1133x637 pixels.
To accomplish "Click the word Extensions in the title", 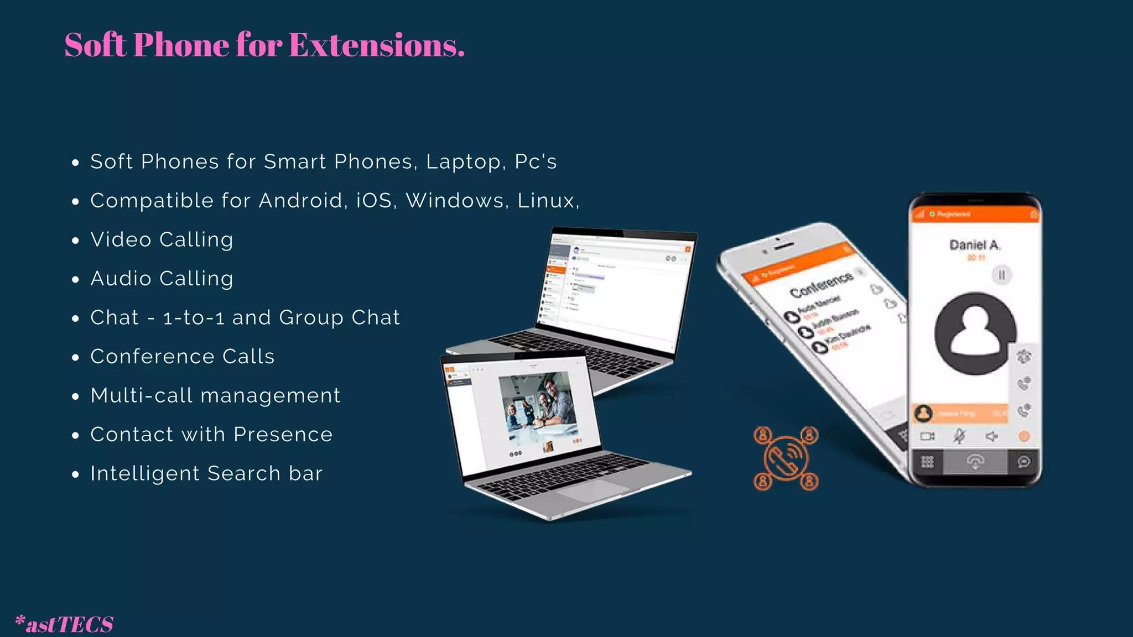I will [x=376, y=45].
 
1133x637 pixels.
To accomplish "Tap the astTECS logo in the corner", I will [x=65, y=624].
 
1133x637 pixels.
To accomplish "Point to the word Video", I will [x=121, y=240].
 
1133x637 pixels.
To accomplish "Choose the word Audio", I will [x=121, y=279].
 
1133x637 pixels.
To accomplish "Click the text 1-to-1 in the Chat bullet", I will [x=194, y=318].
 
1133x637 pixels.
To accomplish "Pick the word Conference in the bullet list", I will [x=152, y=357].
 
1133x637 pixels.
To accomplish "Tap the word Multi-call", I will [x=142, y=396].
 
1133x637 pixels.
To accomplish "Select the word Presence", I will [x=283, y=435].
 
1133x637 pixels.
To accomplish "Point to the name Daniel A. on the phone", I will [x=975, y=245].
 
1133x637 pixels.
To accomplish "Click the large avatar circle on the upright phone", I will [x=975, y=333].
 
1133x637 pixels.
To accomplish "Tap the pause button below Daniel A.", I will [x=1001, y=275].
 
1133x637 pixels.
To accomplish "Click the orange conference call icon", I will [x=786, y=458].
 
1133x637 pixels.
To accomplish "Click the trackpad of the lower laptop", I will [x=592, y=490].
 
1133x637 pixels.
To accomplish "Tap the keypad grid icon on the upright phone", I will [x=927, y=462].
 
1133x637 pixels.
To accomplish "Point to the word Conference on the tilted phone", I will [x=821, y=284].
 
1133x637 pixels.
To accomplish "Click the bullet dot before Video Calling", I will [x=76, y=241].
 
